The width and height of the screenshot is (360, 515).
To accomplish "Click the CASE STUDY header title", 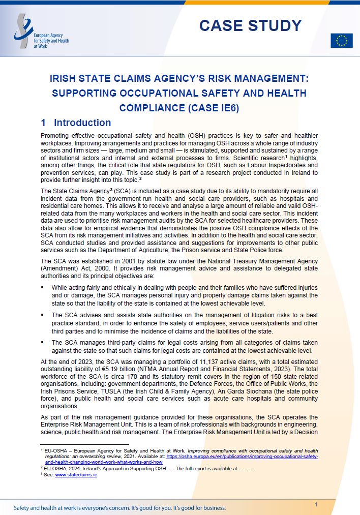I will pos(250,25).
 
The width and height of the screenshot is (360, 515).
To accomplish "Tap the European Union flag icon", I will pos(341,41).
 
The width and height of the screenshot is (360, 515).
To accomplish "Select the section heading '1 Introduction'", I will pos(76,123).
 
